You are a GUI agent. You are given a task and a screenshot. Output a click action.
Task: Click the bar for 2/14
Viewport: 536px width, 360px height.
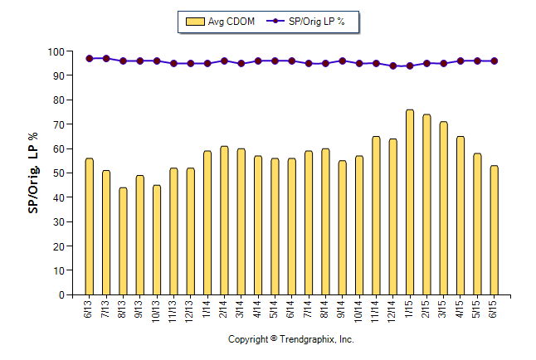224,221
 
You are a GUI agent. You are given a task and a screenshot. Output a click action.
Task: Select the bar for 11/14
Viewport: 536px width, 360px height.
376,216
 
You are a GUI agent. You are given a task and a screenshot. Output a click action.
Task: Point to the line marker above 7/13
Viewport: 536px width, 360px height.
106,58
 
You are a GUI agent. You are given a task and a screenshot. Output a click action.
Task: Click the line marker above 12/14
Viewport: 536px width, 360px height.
393,66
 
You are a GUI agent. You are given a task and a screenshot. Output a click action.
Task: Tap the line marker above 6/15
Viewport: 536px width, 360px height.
495,61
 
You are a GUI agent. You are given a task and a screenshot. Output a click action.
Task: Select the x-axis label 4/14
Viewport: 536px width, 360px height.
258,309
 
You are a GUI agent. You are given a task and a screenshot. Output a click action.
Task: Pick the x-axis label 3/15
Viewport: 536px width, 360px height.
444,309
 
